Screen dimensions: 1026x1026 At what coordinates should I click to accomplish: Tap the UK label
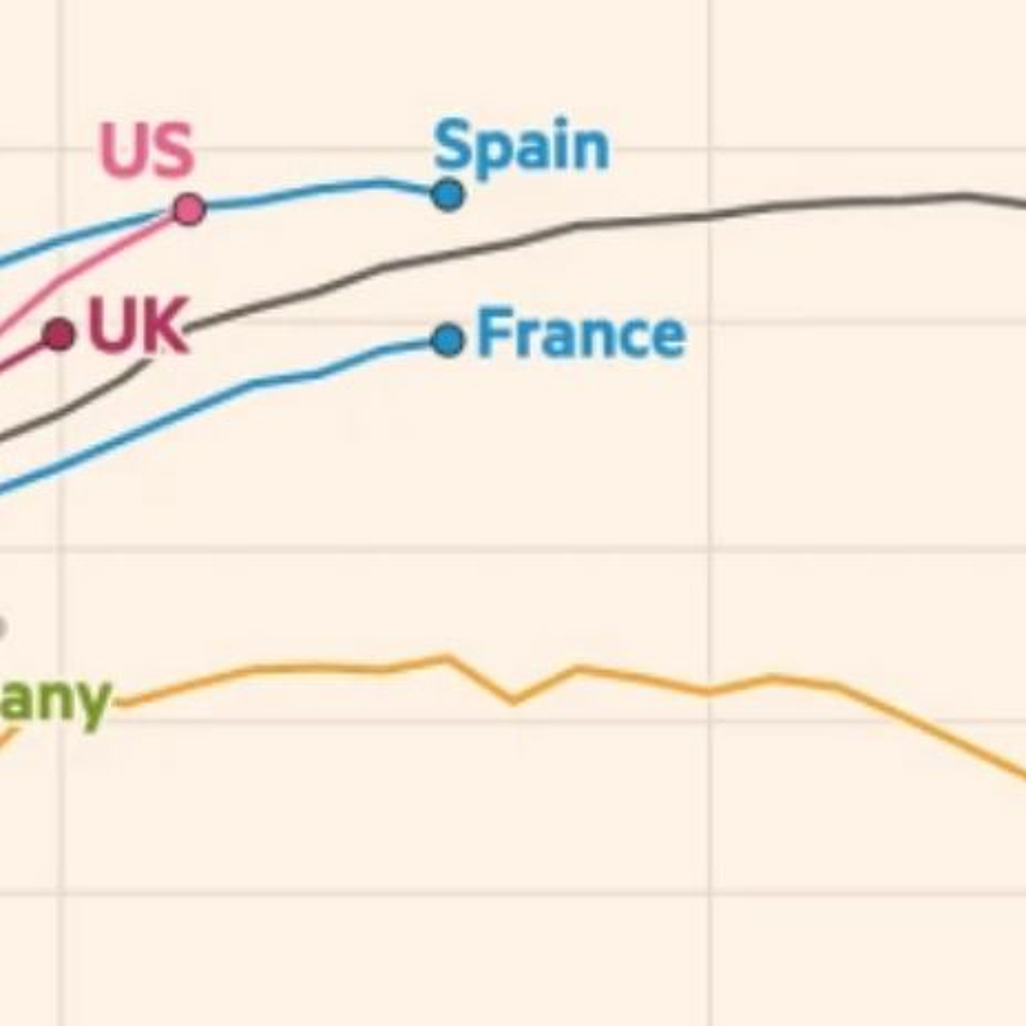coord(138,325)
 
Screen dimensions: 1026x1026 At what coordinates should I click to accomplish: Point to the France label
coord(581,334)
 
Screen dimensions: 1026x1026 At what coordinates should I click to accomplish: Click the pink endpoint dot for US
coord(188,210)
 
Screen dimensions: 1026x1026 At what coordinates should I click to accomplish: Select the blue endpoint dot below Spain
coord(448,195)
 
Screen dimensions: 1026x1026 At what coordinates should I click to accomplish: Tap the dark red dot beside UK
coord(59,334)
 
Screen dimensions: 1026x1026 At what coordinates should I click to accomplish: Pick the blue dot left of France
coord(448,340)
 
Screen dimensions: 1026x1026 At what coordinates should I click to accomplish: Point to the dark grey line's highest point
coord(964,195)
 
